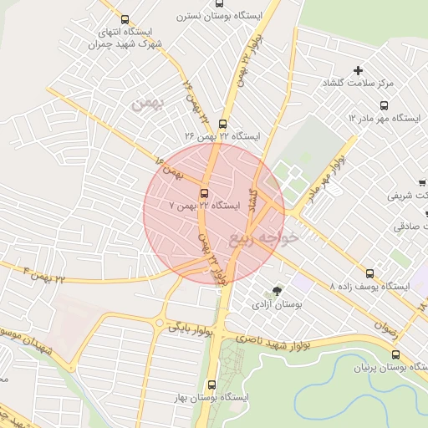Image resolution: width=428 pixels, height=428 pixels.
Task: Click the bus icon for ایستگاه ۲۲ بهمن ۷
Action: [x=205, y=193]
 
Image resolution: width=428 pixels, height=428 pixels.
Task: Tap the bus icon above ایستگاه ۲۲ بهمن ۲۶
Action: [x=222, y=124]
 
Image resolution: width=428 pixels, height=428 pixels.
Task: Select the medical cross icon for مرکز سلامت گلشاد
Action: [x=359, y=71]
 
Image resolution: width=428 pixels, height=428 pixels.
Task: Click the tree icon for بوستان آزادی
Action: [x=277, y=291]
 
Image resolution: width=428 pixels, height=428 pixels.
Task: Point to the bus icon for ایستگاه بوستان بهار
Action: [x=211, y=385]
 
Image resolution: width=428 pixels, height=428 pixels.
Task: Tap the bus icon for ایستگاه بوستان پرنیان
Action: [x=395, y=354]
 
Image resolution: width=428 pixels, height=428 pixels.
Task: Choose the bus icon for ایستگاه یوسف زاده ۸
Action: [x=370, y=273]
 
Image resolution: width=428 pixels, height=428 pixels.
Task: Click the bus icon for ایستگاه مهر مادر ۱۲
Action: [x=385, y=105]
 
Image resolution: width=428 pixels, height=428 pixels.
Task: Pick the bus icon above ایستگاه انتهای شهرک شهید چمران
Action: [x=125, y=19]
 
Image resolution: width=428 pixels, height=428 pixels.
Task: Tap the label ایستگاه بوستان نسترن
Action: [x=218, y=16]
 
